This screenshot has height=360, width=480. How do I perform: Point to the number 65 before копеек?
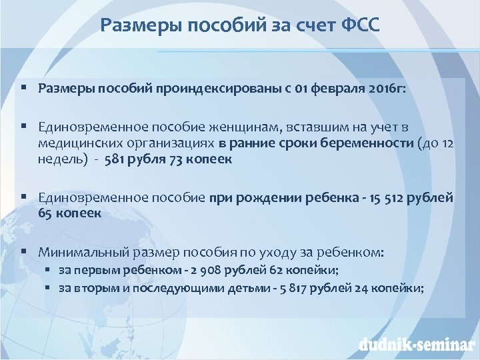pyautogui.click(x=46, y=213)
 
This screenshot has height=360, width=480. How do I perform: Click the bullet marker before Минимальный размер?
pyautogui.click(x=23, y=253)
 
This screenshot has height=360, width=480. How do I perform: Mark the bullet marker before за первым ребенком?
pyautogui.click(x=49, y=270)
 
